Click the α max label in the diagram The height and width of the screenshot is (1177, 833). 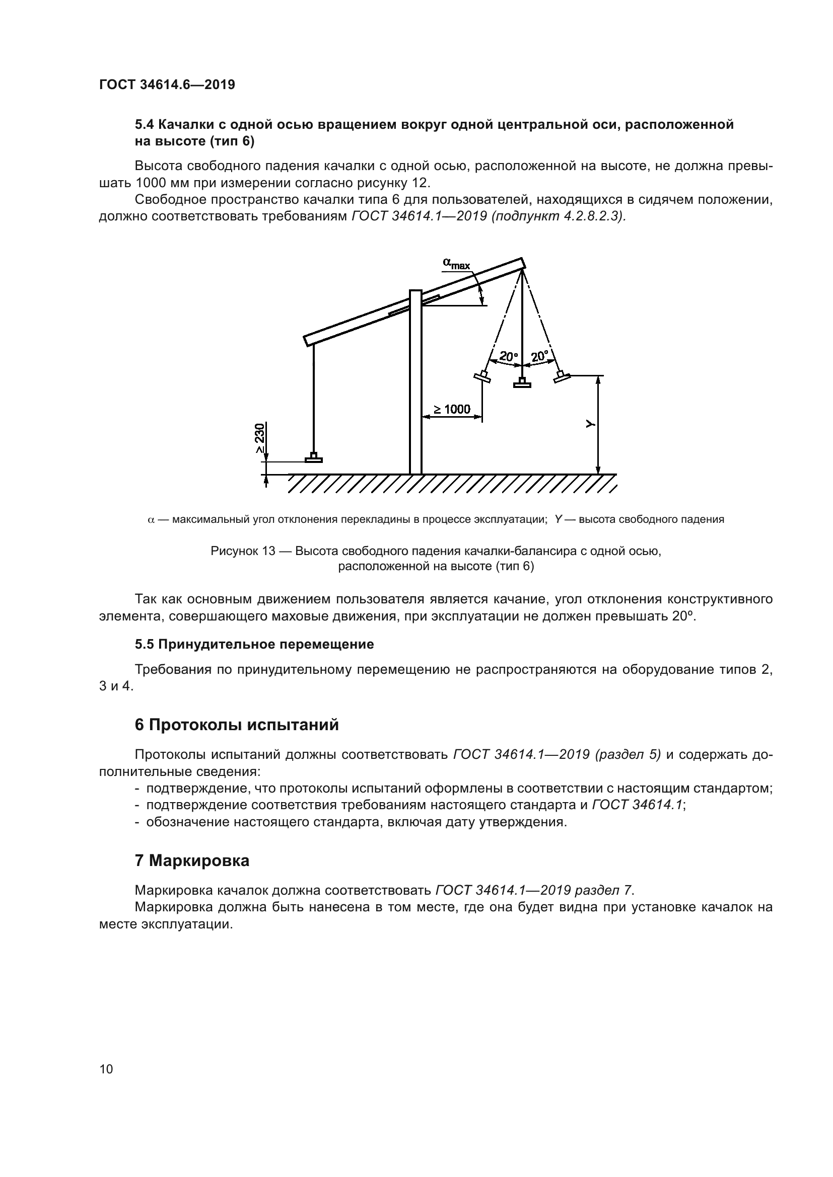456,264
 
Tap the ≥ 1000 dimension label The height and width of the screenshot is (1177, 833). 451,409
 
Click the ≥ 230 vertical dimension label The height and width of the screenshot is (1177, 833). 260,437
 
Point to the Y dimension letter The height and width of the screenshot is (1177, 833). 590,424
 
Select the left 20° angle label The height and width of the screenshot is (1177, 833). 508,356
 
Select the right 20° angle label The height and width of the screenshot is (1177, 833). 539,356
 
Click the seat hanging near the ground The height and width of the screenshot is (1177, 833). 313,458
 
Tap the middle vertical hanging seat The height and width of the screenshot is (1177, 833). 522,383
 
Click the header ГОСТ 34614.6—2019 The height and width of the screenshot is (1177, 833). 167,85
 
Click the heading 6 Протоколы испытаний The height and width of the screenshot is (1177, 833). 237,725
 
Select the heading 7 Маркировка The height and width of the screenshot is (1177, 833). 192,860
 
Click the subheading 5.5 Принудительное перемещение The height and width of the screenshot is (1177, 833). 254,645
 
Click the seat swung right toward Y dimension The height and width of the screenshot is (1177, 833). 562,377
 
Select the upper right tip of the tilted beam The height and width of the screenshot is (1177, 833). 522,263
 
